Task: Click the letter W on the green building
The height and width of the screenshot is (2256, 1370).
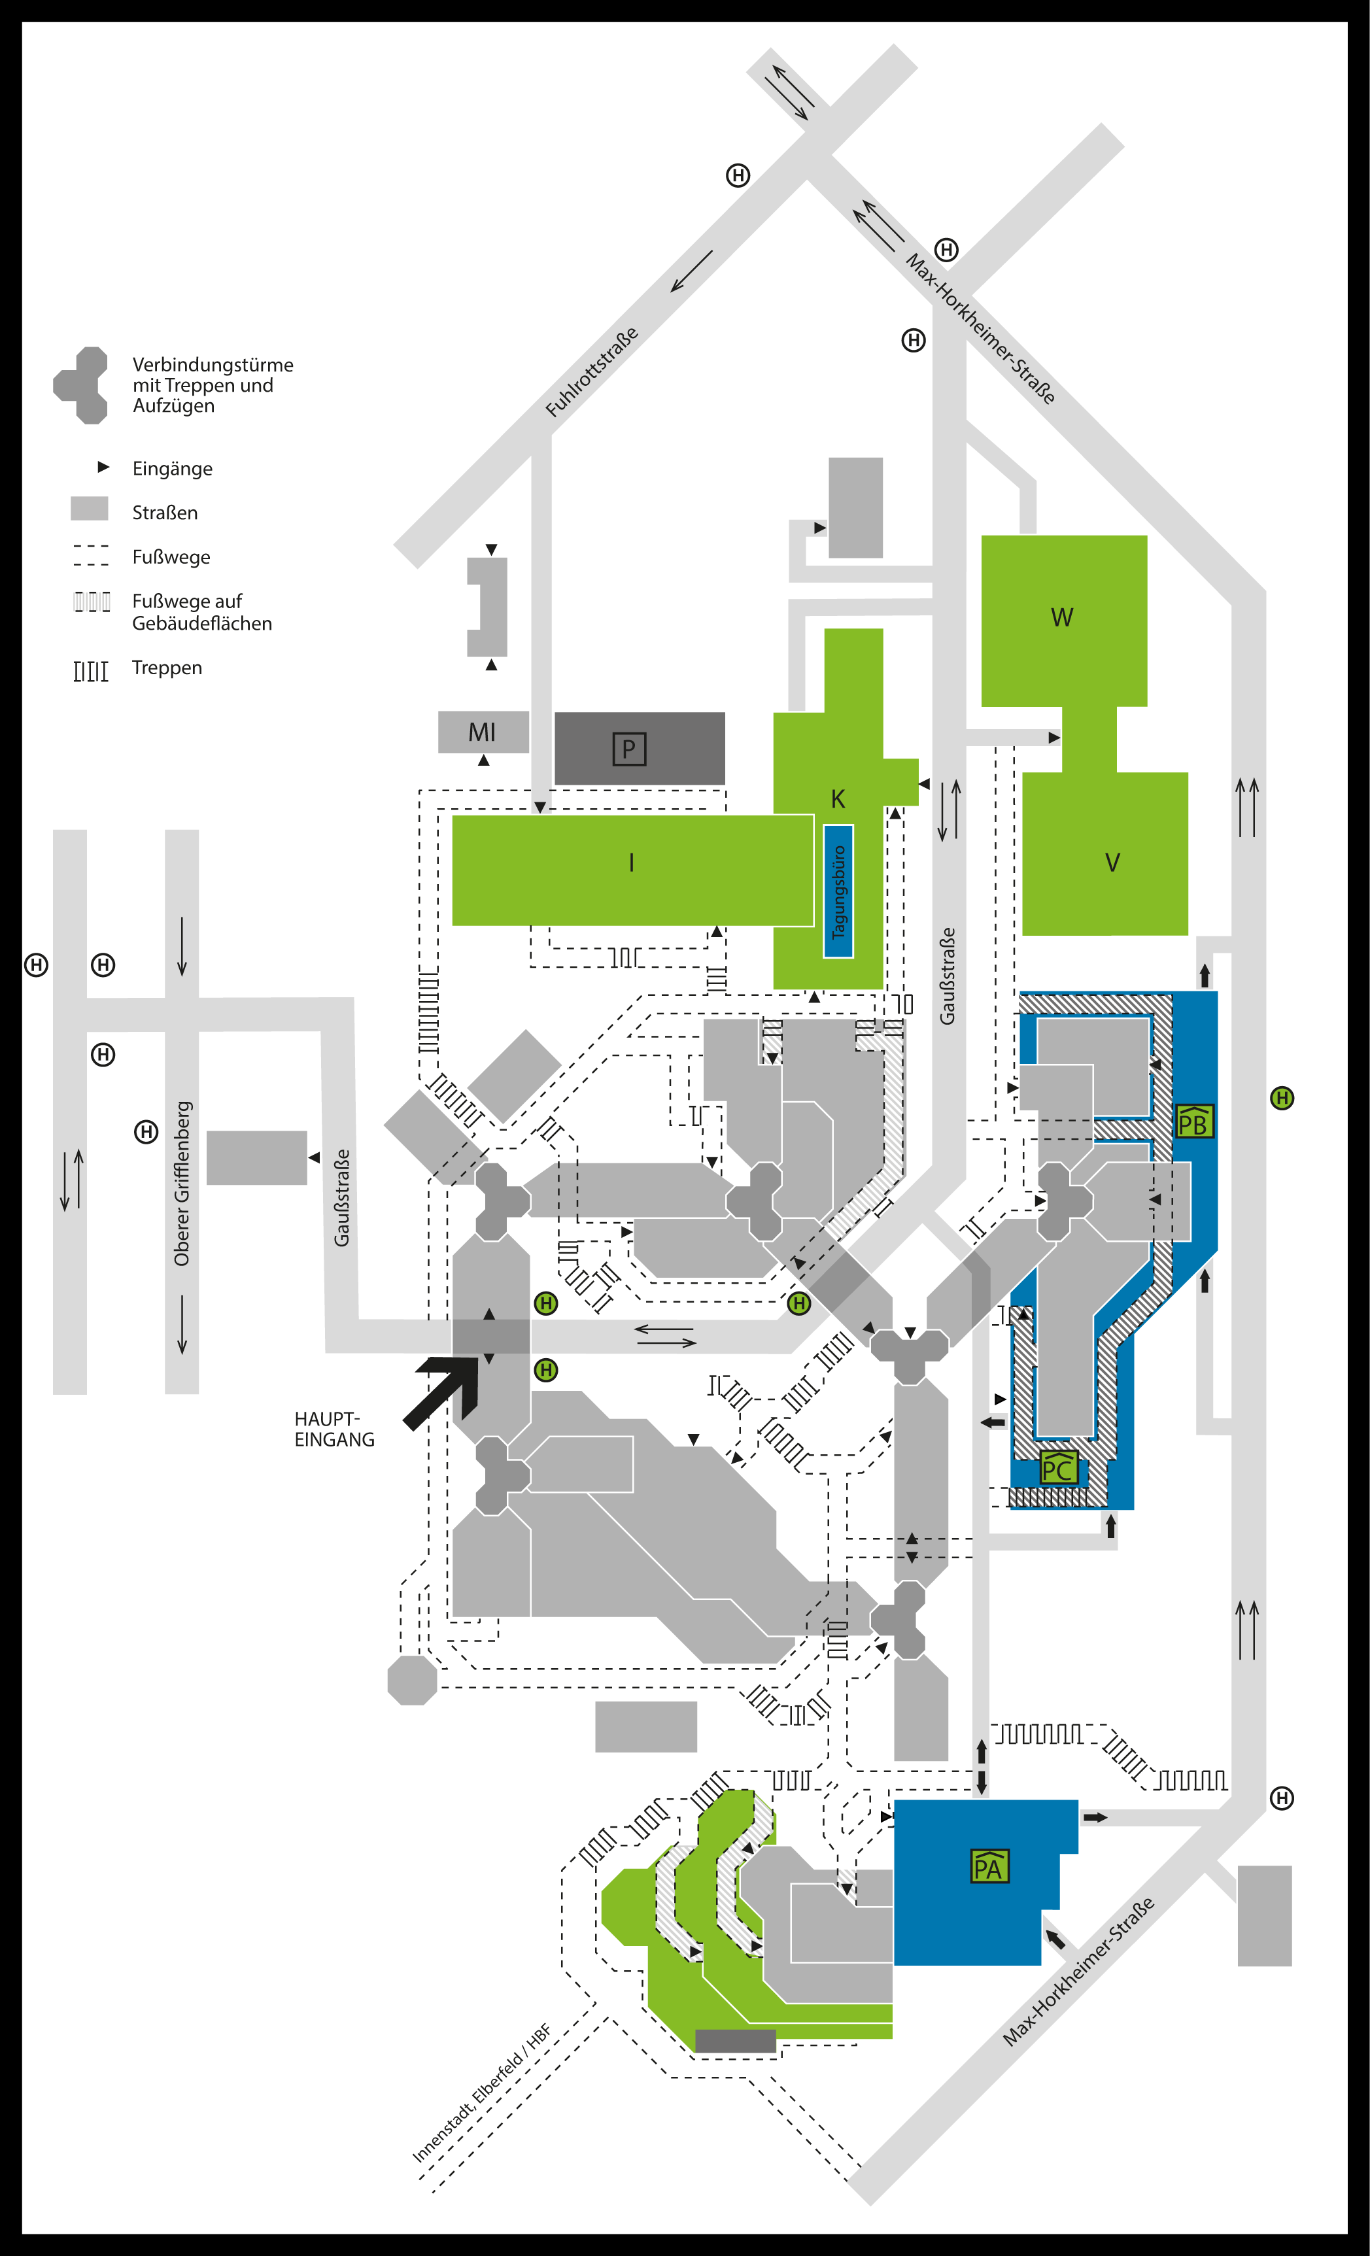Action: tap(1061, 617)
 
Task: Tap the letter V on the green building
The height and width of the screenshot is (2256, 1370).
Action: tap(1112, 863)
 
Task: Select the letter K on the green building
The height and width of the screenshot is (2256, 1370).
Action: tap(838, 799)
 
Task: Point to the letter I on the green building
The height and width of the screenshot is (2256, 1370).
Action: tap(631, 863)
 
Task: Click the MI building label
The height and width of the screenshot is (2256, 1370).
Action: tap(482, 732)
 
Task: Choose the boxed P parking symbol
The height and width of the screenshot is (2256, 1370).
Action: tap(629, 749)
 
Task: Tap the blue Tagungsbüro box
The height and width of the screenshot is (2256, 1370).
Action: tap(838, 891)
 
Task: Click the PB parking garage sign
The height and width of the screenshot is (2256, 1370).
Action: tap(1193, 1121)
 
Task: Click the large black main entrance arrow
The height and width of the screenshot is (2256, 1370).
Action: tap(444, 1390)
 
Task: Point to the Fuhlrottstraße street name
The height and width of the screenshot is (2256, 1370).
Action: tap(592, 373)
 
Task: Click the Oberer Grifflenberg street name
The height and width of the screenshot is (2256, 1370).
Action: tap(182, 1183)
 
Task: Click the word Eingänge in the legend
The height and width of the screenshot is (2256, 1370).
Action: tap(172, 469)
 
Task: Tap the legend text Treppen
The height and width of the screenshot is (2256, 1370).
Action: tap(167, 668)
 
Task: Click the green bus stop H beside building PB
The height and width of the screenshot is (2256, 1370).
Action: tap(1282, 1098)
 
